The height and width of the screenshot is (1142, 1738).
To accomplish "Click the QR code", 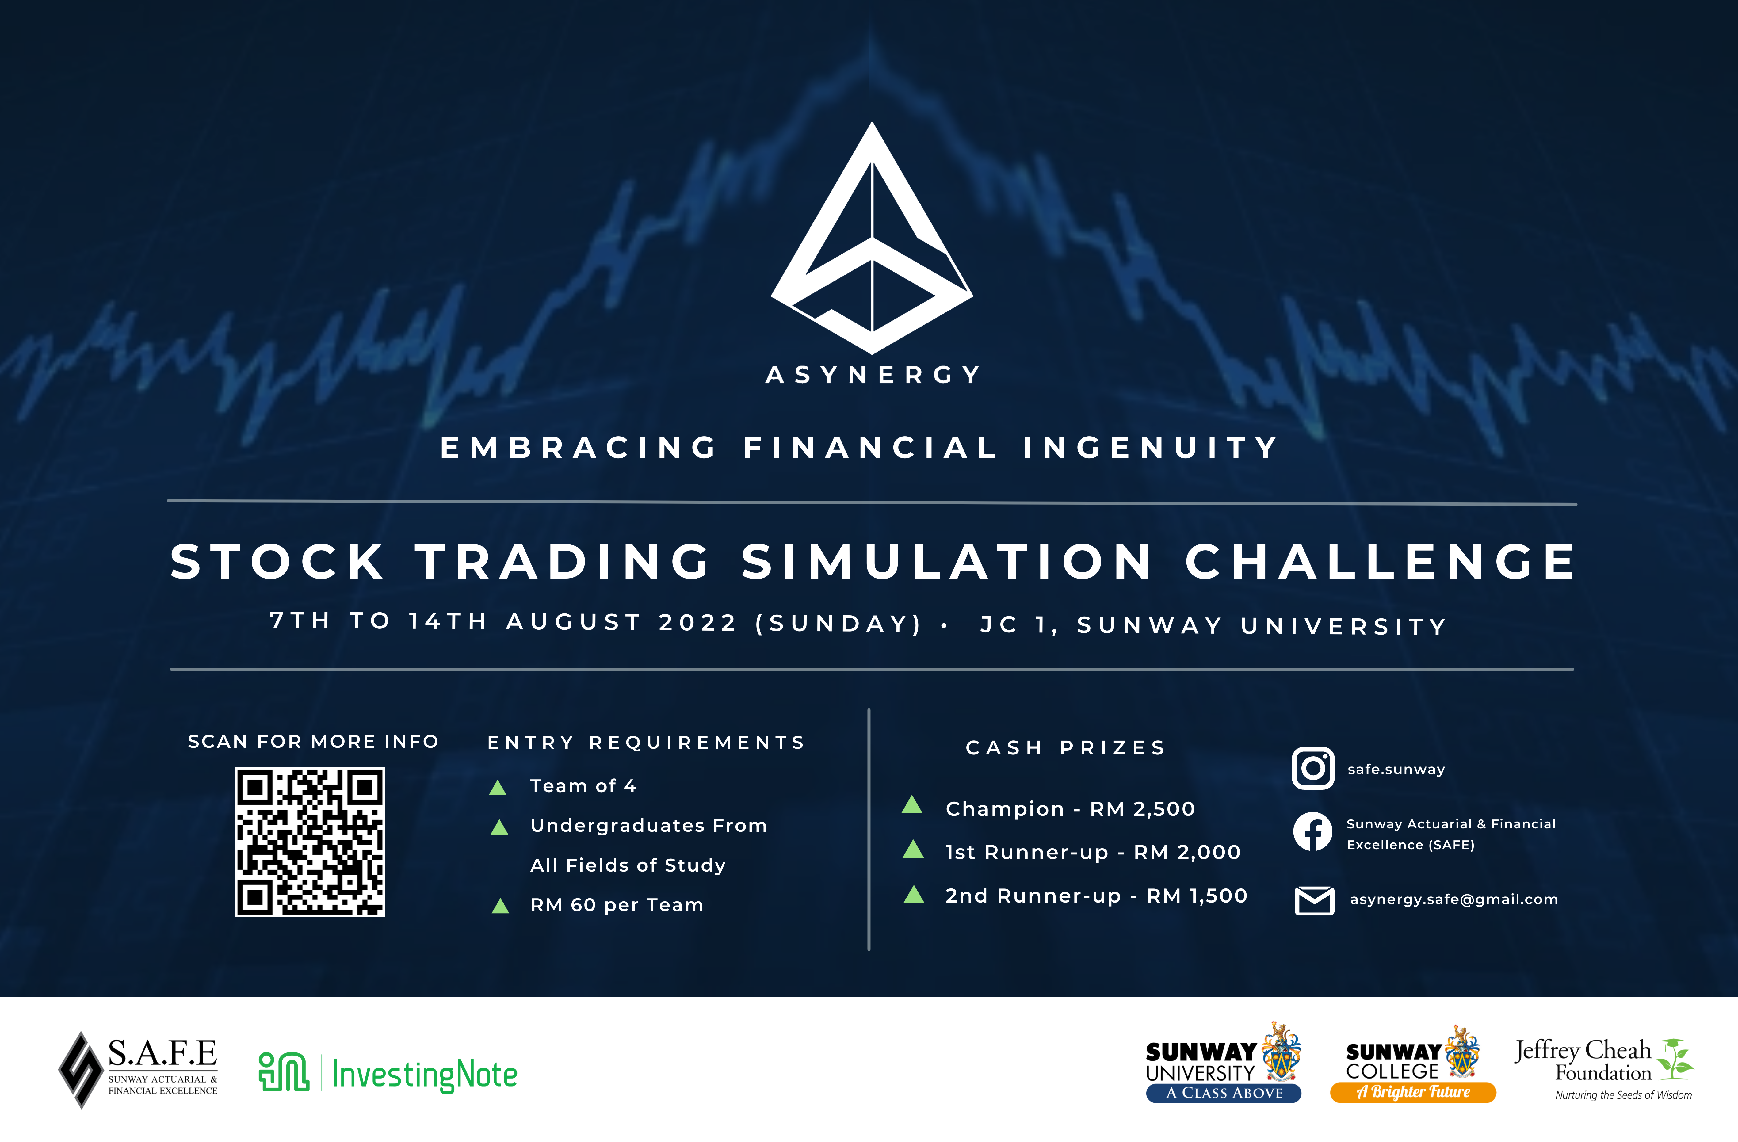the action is click(x=310, y=842).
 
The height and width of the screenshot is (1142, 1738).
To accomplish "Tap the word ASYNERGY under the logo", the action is click(x=873, y=375).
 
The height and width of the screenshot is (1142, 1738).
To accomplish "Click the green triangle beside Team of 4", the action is click(x=498, y=787).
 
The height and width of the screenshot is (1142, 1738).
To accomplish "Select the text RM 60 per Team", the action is click(x=617, y=905).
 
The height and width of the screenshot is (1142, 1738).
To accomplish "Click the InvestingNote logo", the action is click(x=388, y=1073).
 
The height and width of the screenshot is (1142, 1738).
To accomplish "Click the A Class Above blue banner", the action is click(x=1224, y=1093).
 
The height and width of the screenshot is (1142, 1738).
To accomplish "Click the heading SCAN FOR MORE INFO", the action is click(x=313, y=742).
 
